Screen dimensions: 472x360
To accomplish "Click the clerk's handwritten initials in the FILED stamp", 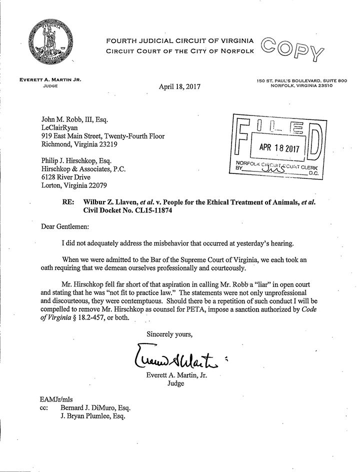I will pyautogui.click(x=272, y=169).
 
